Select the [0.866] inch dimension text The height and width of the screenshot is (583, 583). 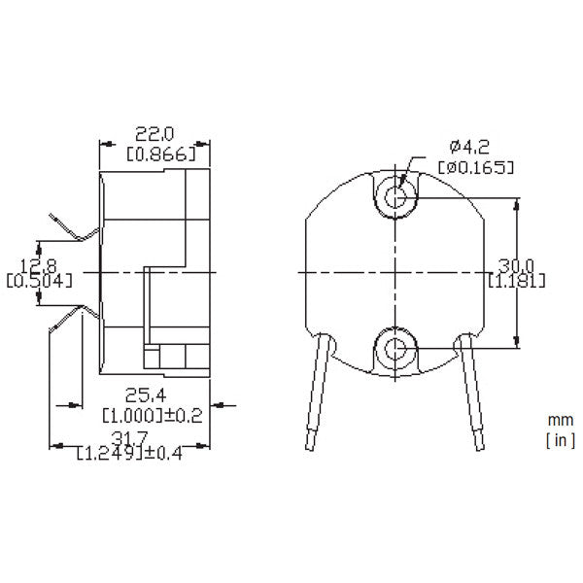pos(161,154)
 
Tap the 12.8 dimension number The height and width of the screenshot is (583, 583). pos(30,264)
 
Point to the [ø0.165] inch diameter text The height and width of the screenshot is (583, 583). pos(475,166)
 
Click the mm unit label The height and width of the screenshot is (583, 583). pos(560,421)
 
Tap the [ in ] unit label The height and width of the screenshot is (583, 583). pos(559,440)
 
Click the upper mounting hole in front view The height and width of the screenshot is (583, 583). pos(396,195)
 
